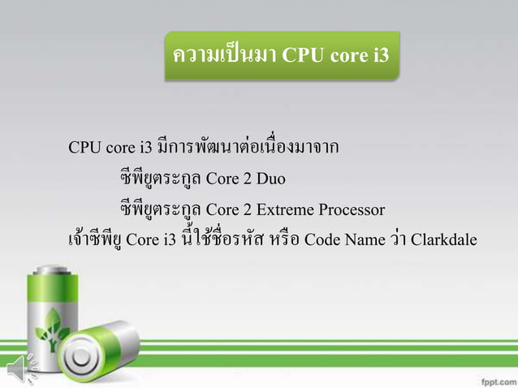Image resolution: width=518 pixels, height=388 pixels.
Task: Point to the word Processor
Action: tap(348, 209)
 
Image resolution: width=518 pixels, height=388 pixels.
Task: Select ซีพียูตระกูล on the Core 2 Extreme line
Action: tap(159, 209)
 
